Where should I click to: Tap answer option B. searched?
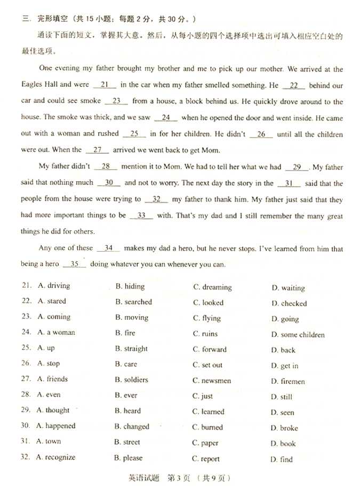pos(133,302)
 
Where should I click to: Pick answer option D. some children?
pos(298,335)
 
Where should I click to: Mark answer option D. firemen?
pos(288,381)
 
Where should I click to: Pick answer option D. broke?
pos(285,428)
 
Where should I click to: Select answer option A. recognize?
pos(55,457)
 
